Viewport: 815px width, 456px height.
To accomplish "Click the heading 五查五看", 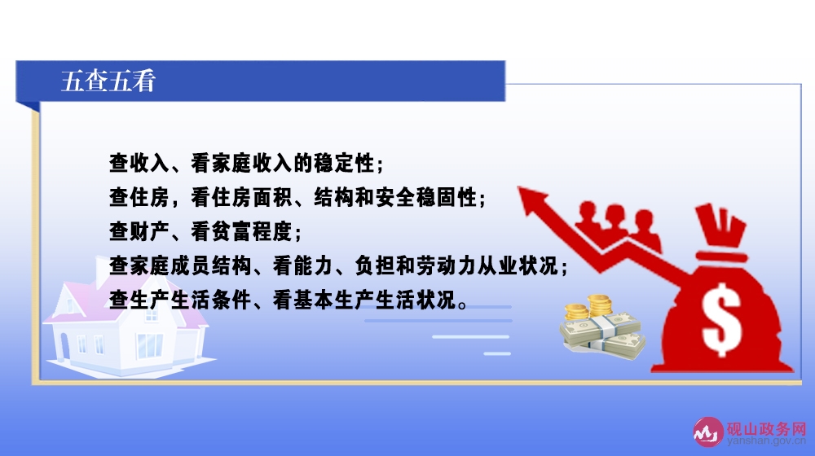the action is pyautogui.click(x=108, y=81).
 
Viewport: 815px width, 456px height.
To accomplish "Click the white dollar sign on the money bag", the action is pyautogui.click(x=721, y=319).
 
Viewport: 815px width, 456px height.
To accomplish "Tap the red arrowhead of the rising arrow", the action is pyautogui.click(x=532, y=200).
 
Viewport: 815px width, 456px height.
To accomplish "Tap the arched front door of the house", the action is pyautogui.click(x=64, y=346).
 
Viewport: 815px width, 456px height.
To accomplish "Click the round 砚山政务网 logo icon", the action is pyautogui.click(x=707, y=432).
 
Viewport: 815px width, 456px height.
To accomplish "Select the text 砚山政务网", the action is pyautogui.click(x=767, y=429).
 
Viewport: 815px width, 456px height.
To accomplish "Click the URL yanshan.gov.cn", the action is pyautogui.click(x=767, y=441).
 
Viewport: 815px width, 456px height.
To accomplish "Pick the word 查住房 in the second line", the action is pyautogui.click(x=139, y=197).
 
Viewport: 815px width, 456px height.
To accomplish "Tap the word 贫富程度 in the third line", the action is pyautogui.click(x=252, y=231).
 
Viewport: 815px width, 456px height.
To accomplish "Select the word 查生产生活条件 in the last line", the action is pyautogui.click(x=180, y=300).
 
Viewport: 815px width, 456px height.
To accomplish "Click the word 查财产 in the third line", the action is pyautogui.click(x=139, y=231).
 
